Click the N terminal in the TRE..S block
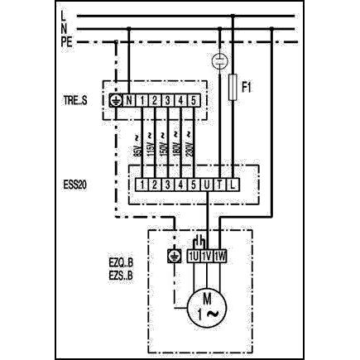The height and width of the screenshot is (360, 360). (x=130, y=101)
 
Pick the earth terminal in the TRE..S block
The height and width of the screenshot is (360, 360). (x=117, y=101)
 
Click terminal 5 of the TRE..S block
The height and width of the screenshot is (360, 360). (x=194, y=101)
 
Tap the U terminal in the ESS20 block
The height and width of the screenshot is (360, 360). (x=206, y=183)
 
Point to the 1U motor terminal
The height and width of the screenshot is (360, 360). (x=193, y=257)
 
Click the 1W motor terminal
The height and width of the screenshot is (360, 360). (x=219, y=257)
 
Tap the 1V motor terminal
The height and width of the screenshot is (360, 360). (x=206, y=257)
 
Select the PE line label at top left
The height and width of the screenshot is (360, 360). (x=67, y=42)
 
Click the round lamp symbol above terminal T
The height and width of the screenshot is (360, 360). (x=219, y=60)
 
